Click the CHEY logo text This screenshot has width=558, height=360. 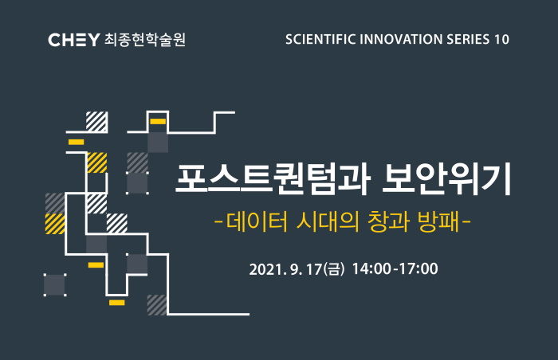click(73, 40)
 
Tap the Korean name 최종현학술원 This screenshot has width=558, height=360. click(145, 40)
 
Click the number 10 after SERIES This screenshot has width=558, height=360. click(501, 39)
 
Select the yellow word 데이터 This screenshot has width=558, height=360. click(257, 221)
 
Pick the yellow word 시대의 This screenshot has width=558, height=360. click(328, 221)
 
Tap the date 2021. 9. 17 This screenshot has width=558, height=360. click(285, 269)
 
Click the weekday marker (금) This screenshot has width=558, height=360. click(334, 269)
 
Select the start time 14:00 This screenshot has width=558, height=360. click(371, 269)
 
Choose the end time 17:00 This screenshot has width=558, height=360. click(418, 269)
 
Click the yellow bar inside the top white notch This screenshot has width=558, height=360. click(158, 122)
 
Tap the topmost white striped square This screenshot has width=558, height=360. click(96, 122)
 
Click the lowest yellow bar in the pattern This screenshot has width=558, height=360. click(116, 303)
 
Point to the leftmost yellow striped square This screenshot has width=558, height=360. click(55, 224)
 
